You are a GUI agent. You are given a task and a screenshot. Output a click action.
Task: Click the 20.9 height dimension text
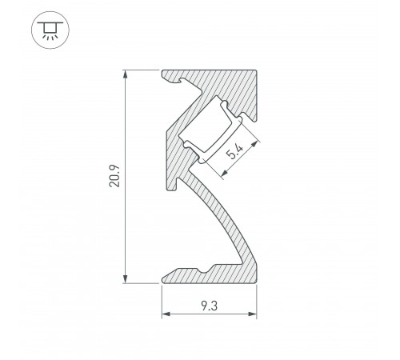[117, 177]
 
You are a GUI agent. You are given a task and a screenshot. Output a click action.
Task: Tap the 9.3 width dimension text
[209, 305]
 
